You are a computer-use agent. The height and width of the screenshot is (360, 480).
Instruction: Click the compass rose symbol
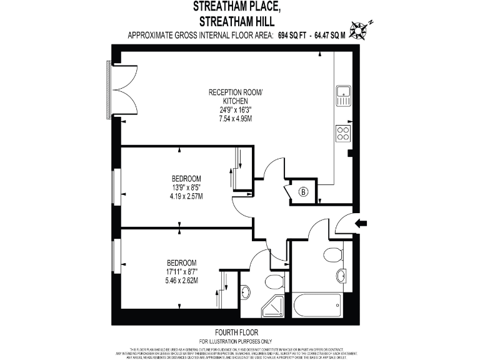click(359, 28)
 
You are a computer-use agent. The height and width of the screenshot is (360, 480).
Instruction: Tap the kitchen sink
click(343, 95)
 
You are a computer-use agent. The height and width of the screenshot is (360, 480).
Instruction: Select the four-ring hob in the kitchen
click(343, 132)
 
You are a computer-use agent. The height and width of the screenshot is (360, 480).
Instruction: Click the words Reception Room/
click(236, 92)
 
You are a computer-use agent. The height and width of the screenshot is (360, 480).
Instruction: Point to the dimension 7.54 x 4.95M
click(236, 117)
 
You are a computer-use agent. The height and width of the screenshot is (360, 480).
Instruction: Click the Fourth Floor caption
click(236, 332)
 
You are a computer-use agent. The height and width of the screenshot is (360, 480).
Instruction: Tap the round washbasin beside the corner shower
click(246, 291)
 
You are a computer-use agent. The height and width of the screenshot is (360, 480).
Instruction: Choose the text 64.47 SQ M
click(329, 36)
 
